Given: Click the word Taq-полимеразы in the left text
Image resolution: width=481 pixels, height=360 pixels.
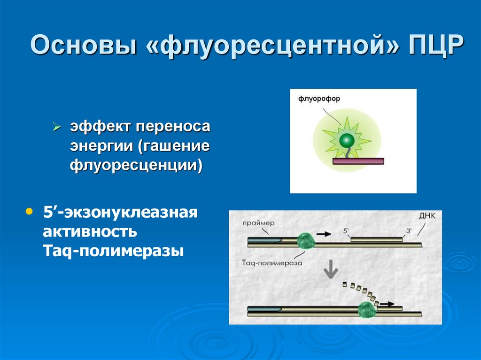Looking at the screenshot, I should click(113, 251).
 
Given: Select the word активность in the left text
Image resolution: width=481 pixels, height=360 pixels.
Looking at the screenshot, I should click(90, 231).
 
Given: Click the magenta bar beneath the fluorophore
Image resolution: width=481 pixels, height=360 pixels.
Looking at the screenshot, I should click(358, 161).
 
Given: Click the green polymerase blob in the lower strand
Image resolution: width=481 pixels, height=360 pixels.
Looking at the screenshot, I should click(366, 310).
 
